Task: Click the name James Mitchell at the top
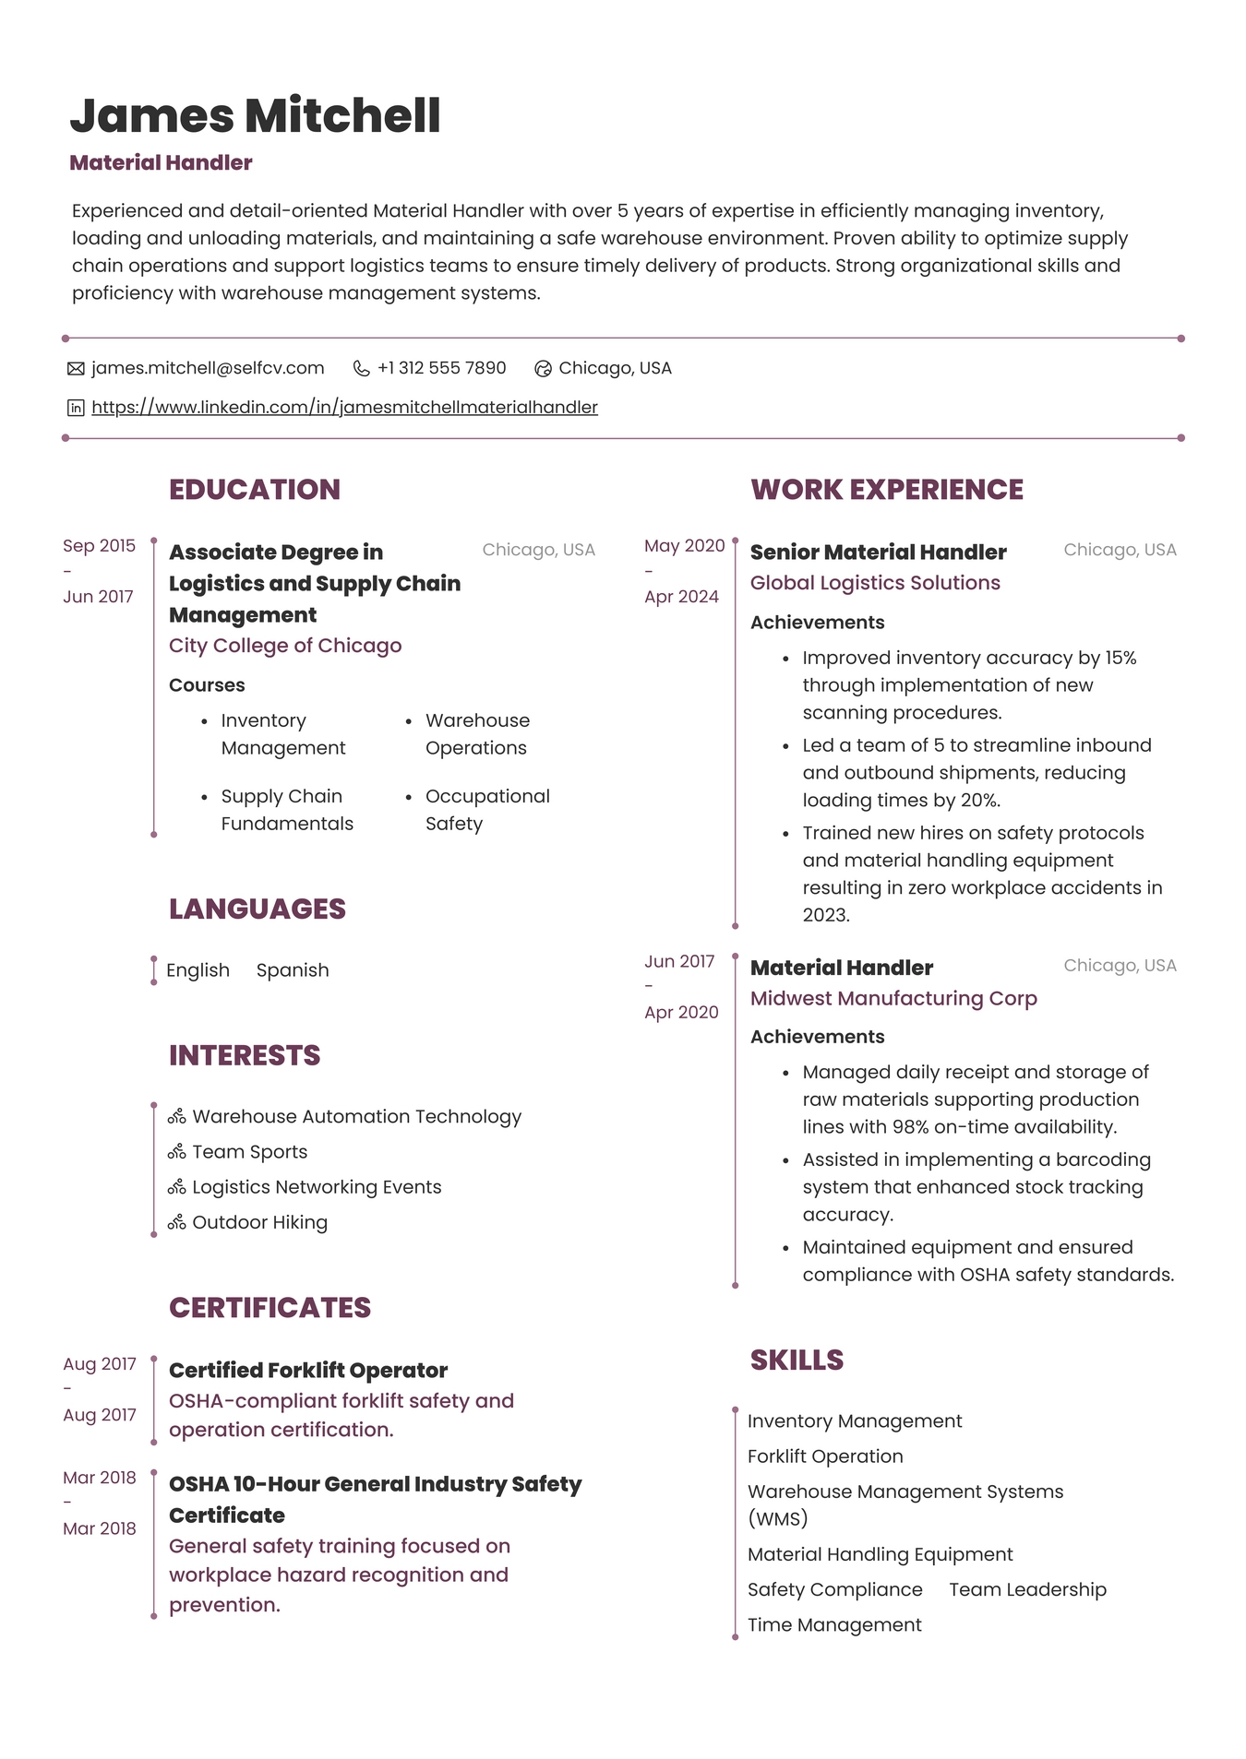coord(255,116)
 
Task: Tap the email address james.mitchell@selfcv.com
coord(208,368)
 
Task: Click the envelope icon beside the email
coord(76,369)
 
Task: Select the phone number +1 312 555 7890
coord(441,368)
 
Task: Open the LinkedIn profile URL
coord(344,407)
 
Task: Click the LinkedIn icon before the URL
coord(76,408)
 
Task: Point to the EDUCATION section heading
coord(254,489)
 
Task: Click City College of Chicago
coord(284,646)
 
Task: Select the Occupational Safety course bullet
coord(486,809)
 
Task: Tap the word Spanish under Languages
coord(292,970)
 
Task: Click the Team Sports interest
coord(249,1151)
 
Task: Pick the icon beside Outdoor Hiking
coord(176,1222)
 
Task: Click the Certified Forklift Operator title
coord(307,1370)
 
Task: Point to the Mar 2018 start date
coord(99,1478)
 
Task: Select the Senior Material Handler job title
coord(878,552)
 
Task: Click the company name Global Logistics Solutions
coord(874,583)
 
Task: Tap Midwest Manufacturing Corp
coord(893,998)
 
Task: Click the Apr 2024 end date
coord(681,597)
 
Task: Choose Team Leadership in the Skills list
coord(1026,1589)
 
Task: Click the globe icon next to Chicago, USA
coord(543,369)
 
